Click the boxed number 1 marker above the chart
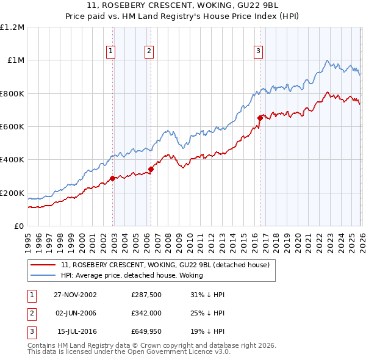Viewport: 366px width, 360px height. click(x=111, y=52)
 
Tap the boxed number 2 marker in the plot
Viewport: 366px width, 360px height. click(x=149, y=52)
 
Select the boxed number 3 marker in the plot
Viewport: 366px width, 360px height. click(x=258, y=52)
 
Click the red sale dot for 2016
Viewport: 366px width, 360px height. click(x=260, y=118)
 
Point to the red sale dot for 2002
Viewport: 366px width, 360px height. click(x=113, y=178)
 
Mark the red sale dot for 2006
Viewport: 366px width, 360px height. click(x=151, y=170)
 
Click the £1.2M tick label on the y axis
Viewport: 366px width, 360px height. click(x=12, y=27)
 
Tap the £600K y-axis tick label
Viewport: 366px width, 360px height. click(x=12, y=127)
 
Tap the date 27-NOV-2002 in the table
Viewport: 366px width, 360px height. click(x=75, y=295)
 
